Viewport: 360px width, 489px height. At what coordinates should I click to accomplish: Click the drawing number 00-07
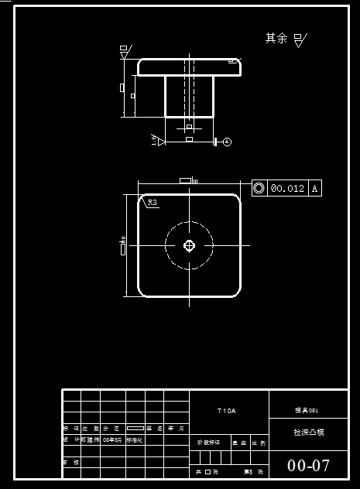click(x=308, y=466)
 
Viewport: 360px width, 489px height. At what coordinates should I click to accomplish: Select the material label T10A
click(x=226, y=410)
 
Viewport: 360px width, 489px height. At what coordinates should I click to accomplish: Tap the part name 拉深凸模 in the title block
click(x=308, y=432)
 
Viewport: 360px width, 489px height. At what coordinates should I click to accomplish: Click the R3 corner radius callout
click(x=152, y=203)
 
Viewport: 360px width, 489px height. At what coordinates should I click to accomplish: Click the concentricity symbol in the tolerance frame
click(x=259, y=188)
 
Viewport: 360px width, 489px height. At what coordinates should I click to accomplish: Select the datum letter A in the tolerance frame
click(x=315, y=188)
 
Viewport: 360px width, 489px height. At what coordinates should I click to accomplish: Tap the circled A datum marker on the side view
click(x=227, y=142)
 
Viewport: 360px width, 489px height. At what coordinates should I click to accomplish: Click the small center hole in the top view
click(x=189, y=245)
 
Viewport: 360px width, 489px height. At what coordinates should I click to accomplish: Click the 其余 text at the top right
click(x=276, y=38)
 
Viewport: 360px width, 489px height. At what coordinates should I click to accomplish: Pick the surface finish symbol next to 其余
click(x=300, y=39)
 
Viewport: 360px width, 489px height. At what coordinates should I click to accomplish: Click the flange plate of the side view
click(x=189, y=67)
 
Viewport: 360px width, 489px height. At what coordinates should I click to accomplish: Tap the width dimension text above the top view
click(x=187, y=180)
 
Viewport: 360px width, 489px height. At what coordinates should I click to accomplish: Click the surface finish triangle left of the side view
click(x=123, y=51)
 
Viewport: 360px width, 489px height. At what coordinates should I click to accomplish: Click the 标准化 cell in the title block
click(x=134, y=439)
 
